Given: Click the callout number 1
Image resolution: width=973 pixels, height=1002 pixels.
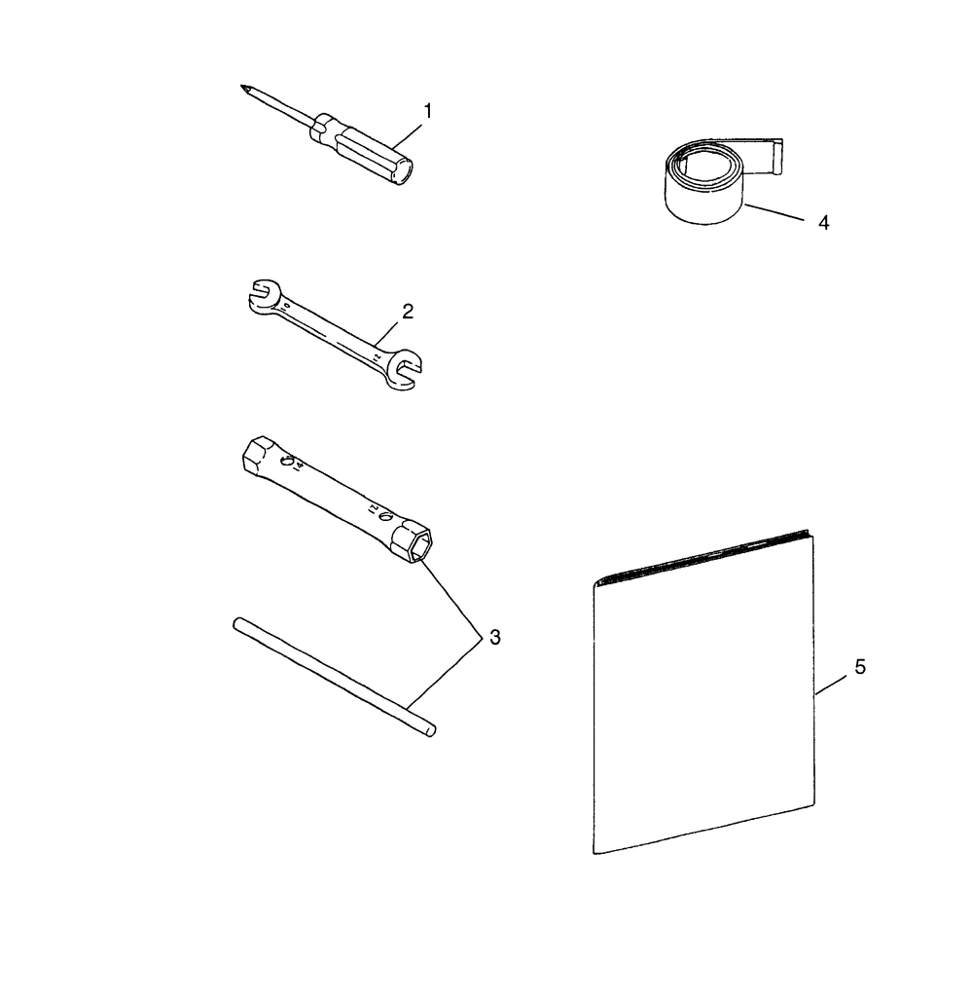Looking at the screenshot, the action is coord(428,111).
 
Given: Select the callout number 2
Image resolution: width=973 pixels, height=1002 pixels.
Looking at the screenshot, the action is coord(408,312).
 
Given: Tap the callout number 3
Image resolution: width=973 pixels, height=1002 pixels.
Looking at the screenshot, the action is coord(495,637).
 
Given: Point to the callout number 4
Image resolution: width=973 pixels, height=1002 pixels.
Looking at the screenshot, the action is coord(823,223).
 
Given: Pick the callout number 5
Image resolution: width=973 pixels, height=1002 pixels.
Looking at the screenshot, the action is coord(860,667).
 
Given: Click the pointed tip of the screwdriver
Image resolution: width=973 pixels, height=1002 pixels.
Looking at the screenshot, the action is coord(242,86).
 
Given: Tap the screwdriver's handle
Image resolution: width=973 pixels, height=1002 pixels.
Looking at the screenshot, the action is coord(361,149).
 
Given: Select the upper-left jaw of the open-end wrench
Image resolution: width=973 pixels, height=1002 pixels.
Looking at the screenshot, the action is coord(264,296).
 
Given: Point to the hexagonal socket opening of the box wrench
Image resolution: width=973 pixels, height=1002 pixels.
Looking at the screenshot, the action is coord(420,546).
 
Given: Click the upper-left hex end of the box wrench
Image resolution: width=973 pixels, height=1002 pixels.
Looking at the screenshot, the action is coord(258,455).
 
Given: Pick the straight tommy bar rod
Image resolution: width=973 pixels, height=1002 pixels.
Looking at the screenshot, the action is coord(335,678).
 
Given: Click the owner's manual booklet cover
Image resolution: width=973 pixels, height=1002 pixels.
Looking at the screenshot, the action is coord(703,692).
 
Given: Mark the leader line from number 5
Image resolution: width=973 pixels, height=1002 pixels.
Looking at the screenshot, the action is coord(831,686).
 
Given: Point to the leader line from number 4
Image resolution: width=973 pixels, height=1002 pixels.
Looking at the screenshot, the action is coord(774,212).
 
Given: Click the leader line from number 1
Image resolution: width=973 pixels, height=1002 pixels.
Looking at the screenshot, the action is coord(407,136).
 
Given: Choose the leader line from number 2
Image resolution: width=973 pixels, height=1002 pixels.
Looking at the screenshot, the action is coord(385,335).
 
